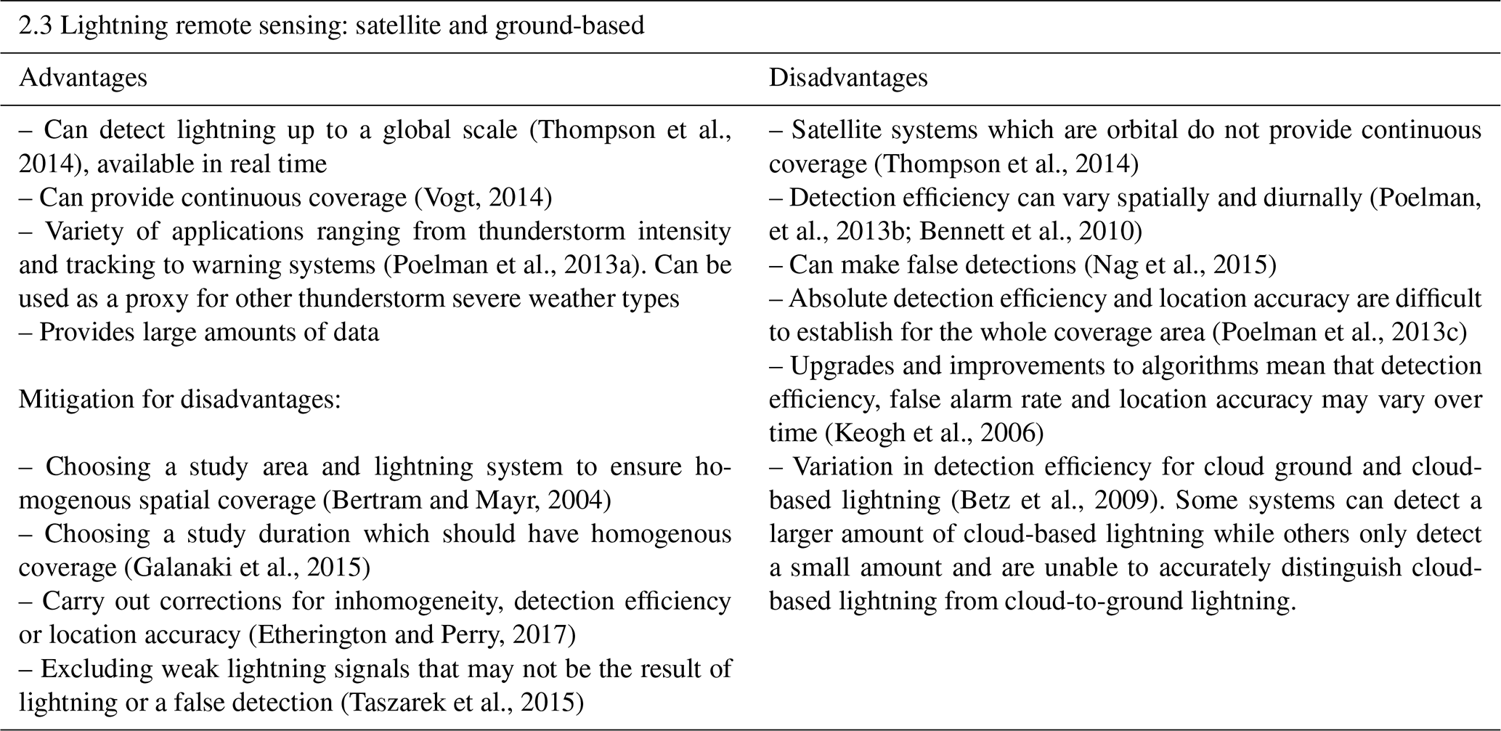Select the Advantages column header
pos(83,78)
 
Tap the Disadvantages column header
pos(848,78)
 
